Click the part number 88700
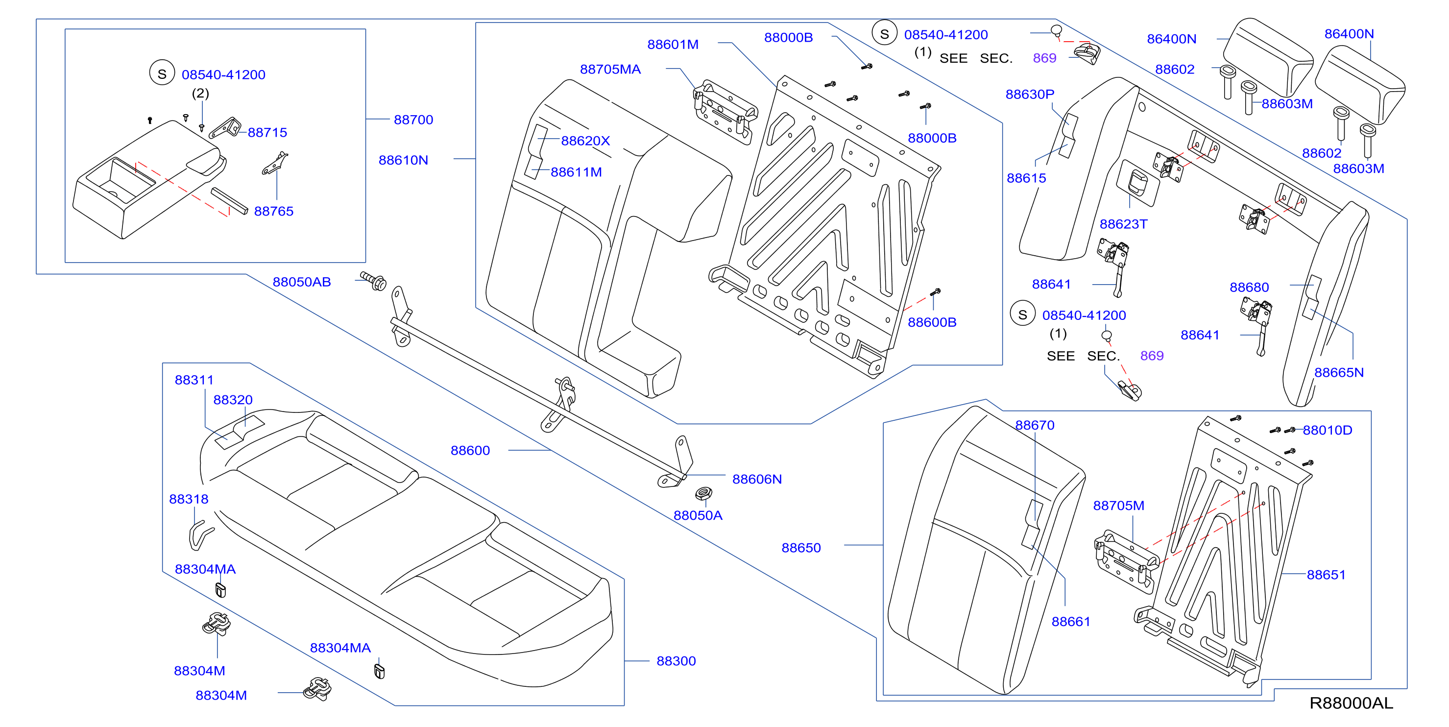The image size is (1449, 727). coord(413,120)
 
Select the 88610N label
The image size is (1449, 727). coord(403,160)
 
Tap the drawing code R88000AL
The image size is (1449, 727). coord(1351,703)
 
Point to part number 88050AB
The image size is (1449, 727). coord(301,282)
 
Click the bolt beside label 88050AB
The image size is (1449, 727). coord(373,281)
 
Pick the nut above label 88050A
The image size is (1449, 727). coord(703,494)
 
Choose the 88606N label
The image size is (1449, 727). coord(756,480)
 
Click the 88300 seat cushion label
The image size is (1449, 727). coord(676,661)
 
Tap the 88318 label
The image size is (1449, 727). coord(189,499)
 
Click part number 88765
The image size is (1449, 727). coord(273,212)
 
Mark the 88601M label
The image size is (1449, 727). coord(673,45)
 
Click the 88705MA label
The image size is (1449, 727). coord(610,69)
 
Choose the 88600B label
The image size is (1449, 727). coord(932,322)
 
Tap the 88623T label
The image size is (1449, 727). coord(1123,224)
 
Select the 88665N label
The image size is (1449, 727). coord(1339,372)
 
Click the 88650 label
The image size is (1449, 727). coord(801,548)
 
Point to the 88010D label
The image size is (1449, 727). coord(1328,431)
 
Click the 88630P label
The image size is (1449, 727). coord(1030,95)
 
